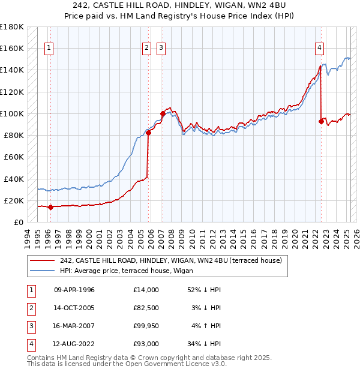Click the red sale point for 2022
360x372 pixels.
(x=321, y=122)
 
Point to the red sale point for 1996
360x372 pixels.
(x=50, y=208)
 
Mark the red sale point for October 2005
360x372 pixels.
(x=148, y=133)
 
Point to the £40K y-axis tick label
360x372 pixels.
(x=14, y=179)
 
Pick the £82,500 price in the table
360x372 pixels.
(x=146, y=308)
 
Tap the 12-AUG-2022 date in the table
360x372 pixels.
(x=74, y=344)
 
